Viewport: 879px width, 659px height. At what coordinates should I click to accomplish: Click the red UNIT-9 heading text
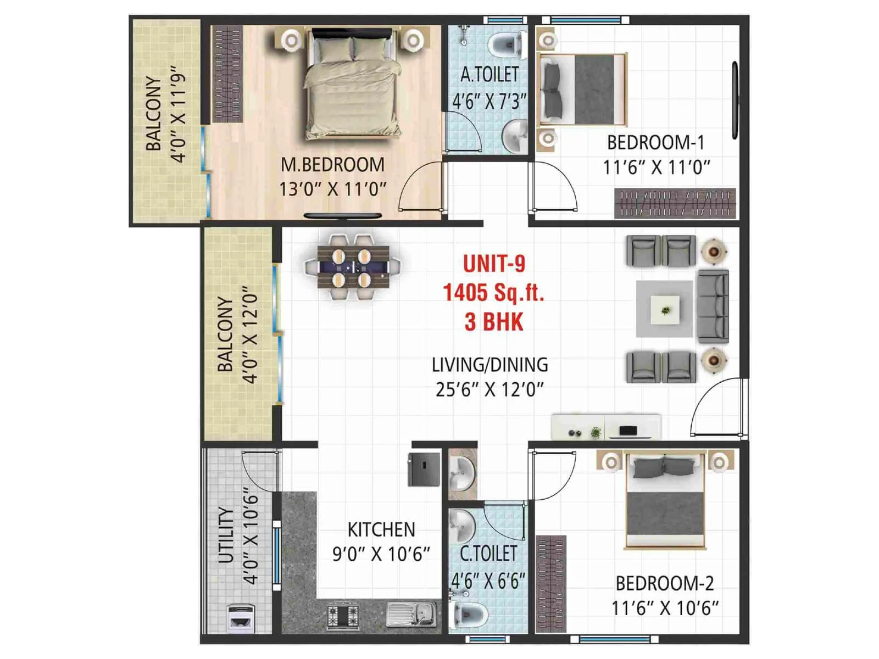point(494,264)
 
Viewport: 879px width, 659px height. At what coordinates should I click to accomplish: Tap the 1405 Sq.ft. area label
point(493,292)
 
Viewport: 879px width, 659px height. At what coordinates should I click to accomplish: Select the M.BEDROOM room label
point(332,165)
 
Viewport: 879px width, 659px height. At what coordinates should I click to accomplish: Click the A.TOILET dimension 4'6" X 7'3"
point(489,101)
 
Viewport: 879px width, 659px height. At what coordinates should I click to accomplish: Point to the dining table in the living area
point(353,267)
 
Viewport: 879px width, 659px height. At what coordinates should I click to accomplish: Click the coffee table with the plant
point(665,309)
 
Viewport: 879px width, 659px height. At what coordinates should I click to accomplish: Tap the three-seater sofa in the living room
point(713,306)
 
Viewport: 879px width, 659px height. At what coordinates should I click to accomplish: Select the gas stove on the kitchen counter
point(343,615)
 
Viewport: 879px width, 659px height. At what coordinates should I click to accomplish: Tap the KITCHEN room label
point(381,529)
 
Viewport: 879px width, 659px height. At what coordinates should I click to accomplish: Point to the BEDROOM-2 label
point(665,583)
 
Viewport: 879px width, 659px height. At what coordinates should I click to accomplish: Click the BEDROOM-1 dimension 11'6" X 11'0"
point(657,167)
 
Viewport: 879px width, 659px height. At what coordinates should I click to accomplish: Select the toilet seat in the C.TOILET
point(468,613)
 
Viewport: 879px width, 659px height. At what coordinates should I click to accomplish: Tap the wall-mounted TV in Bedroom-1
point(735,100)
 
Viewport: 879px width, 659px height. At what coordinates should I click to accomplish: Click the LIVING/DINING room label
point(489,365)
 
